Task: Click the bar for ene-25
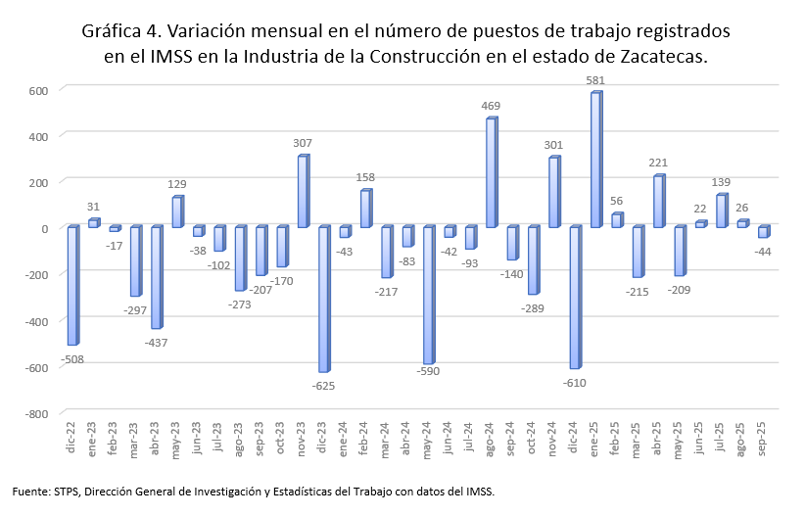click(595, 160)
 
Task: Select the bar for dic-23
click(323, 299)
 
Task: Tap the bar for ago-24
click(492, 173)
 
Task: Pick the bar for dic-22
click(72, 285)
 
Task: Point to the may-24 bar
click(428, 295)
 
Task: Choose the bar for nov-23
click(303, 192)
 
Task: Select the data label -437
click(155, 343)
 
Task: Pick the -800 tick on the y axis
click(36, 414)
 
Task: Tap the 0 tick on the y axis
click(45, 228)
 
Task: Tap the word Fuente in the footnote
click(30, 491)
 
